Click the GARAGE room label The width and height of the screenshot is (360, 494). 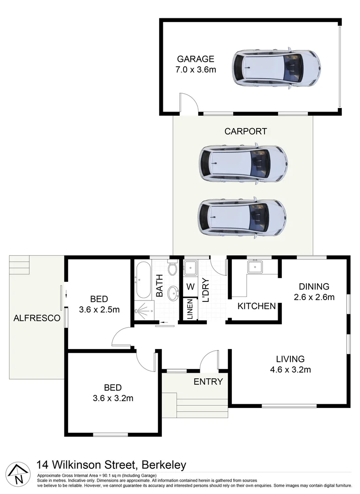[x=195, y=59]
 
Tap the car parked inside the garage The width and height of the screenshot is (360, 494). [x=276, y=68]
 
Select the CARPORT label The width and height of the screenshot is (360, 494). [x=245, y=131]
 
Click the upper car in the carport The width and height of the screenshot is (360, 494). [x=243, y=164]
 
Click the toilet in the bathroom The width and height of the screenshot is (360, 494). [x=172, y=268]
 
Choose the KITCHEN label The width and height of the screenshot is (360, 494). [x=256, y=306]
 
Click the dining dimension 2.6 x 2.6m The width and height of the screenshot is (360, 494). [x=314, y=297]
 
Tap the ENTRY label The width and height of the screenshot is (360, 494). [x=208, y=381]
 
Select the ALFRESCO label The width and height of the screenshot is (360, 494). [x=37, y=318]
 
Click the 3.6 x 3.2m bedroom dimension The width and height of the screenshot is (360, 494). [x=113, y=398]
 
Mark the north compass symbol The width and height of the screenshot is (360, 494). [x=18, y=473]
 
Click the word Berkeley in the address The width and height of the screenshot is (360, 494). [x=162, y=465]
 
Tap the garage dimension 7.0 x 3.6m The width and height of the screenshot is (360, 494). [x=195, y=70]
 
